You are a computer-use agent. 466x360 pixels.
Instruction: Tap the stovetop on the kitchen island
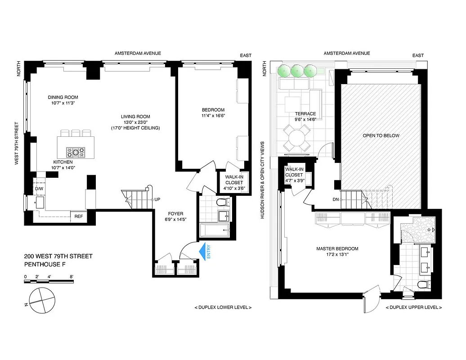point(76,152)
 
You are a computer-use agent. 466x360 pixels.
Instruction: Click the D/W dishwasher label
point(40,189)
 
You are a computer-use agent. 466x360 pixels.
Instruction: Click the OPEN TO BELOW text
point(381,135)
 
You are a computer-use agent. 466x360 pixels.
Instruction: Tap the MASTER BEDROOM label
point(337,249)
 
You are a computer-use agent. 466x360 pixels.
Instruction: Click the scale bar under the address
point(49,281)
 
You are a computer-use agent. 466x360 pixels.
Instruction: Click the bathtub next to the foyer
point(214,232)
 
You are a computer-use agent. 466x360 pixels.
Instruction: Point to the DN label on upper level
point(335,199)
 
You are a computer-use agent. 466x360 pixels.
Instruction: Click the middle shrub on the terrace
point(296,70)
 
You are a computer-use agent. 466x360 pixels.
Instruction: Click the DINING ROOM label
point(63,97)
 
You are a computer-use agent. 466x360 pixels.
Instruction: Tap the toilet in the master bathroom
point(422,284)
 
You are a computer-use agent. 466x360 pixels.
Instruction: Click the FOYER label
point(175,214)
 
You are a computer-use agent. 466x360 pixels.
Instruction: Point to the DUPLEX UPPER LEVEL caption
point(413,307)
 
